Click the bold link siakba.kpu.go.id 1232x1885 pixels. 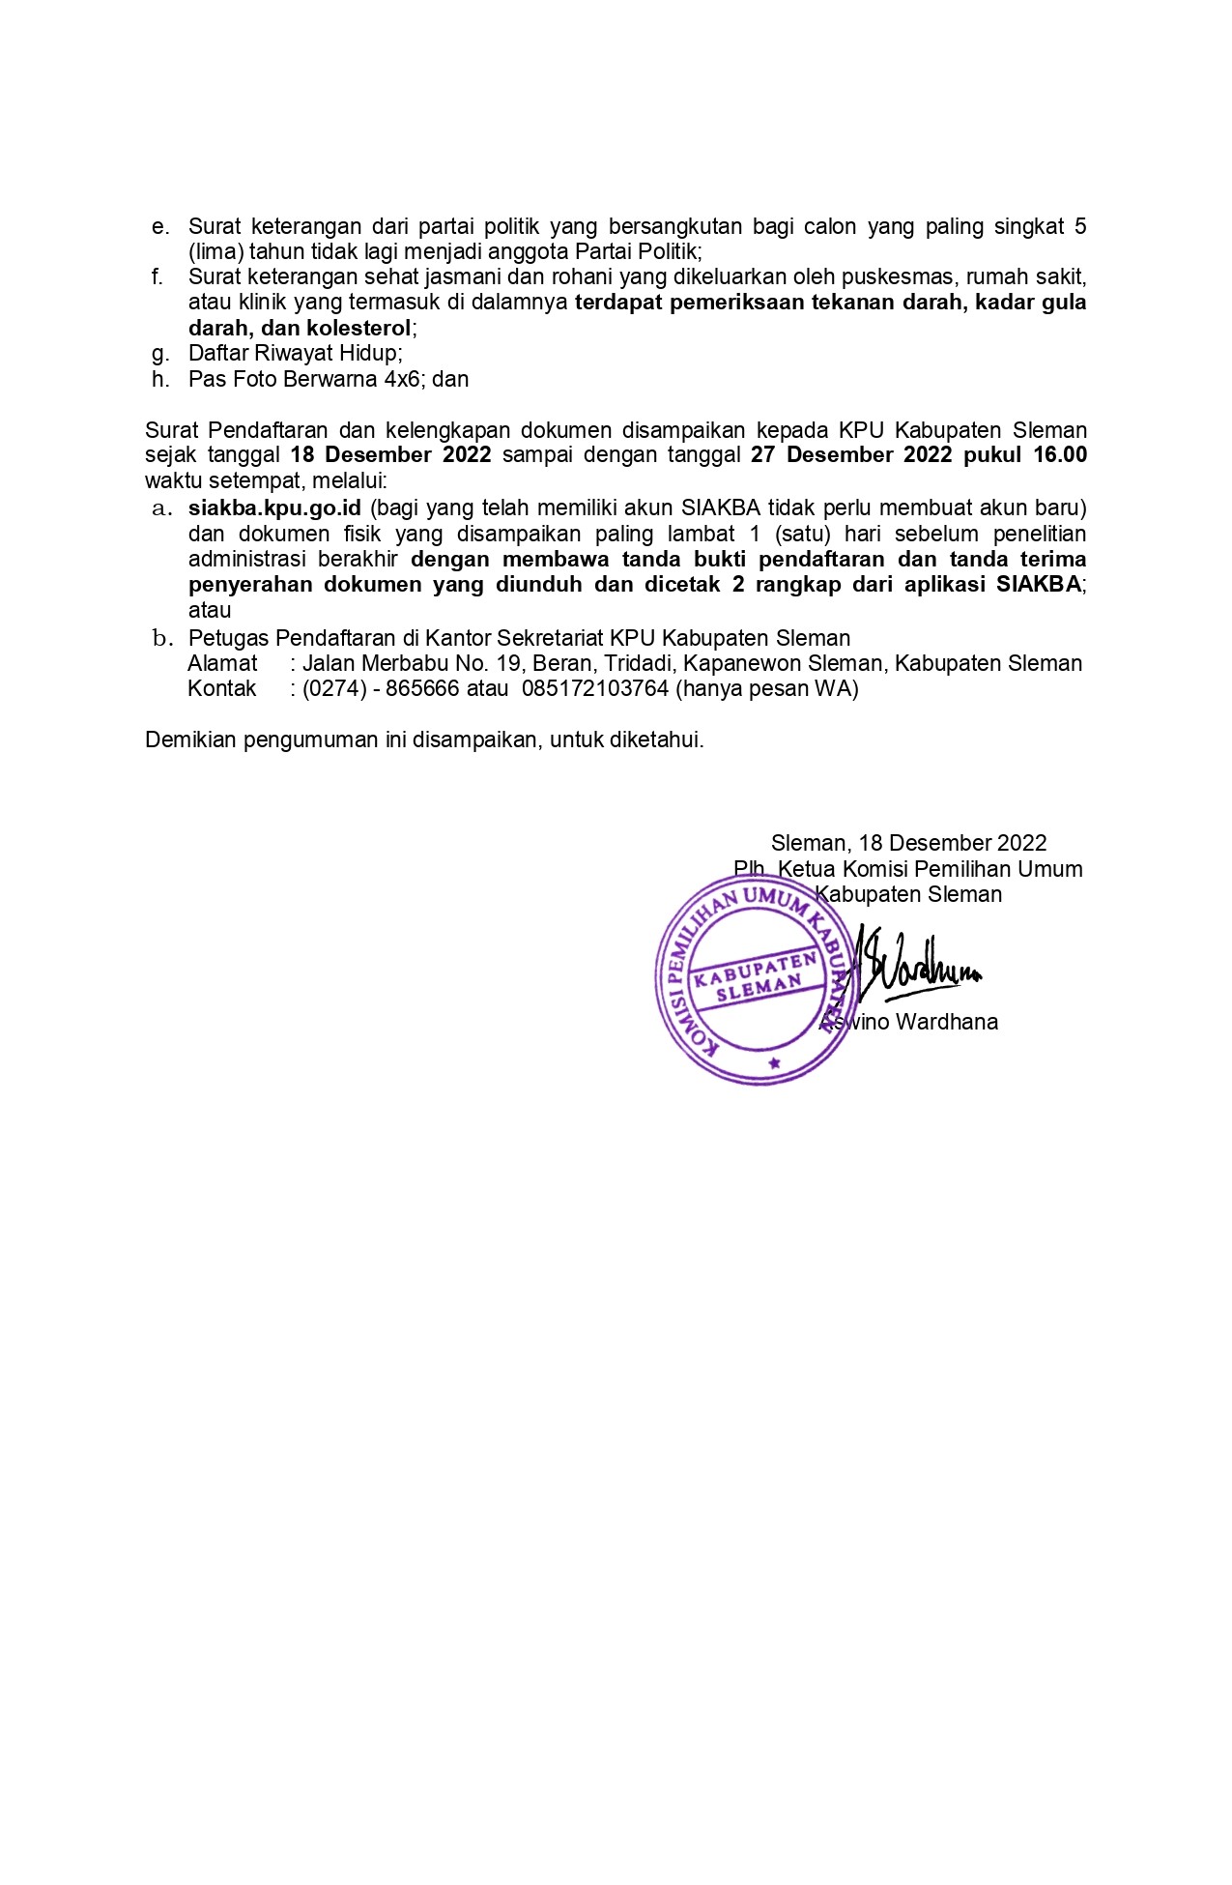click(x=274, y=508)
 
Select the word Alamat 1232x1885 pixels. click(x=222, y=664)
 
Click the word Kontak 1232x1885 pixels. click(x=222, y=689)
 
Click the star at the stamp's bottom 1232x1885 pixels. click(x=773, y=1064)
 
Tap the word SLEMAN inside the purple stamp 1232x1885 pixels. click(x=759, y=987)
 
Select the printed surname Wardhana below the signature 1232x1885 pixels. click(x=947, y=1023)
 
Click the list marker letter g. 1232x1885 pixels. click(x=160, y=354)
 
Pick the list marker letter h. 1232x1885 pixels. click(x=160, y=379)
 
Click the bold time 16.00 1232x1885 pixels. click(x=1060, y=455)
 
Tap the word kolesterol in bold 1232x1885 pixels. click(x=358, y=329)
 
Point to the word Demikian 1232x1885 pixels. click(x=190, y=740)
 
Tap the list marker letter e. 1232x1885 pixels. click(x=160, y=227)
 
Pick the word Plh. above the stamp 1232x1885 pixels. click(x=751, y=869)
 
